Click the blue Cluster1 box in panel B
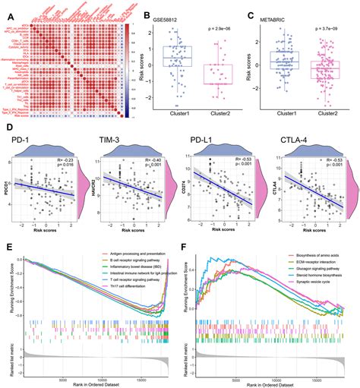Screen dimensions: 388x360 175,58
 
